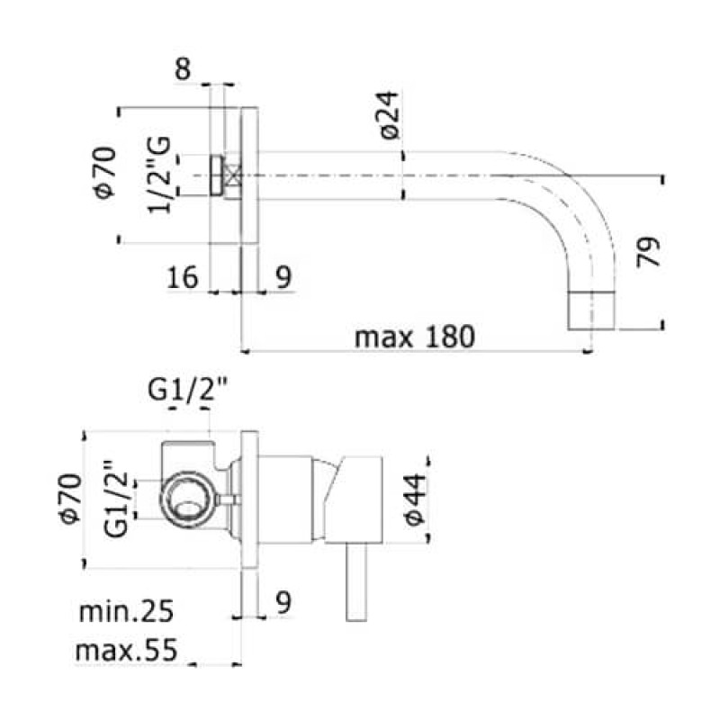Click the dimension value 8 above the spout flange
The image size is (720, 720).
pyautogui.click(x=184, y=70)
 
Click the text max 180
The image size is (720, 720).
pyautogui.click(x=413, y=337)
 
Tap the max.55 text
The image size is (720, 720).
pyautogui.click(x=125, y=649)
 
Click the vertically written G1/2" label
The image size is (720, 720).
pyautogui.click(x=114, y=500)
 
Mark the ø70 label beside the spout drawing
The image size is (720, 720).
pyautogui.click(x=104, y=173)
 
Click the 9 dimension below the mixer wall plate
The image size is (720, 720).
pyautogui.click(x=283, y=604)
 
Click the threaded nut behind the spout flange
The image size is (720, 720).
pyautogui.click(x=217, y=175)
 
